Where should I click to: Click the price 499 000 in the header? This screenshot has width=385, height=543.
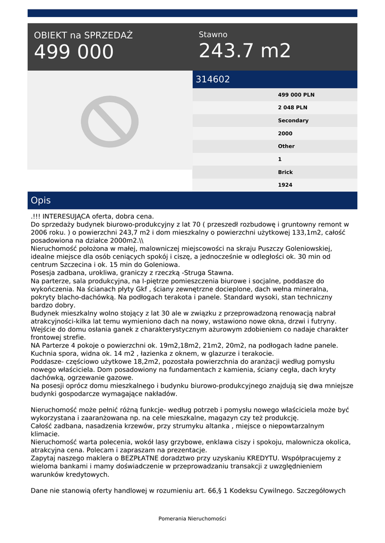pyautogui.click(x=74, y=52)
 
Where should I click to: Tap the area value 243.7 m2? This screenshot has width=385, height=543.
pyautogui.click(x=245, y=51)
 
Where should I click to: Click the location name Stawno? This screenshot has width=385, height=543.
pyautogui.click(x=213, y=34)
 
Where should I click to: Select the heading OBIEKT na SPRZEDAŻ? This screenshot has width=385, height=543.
pyautogui.click(x=83, y=36)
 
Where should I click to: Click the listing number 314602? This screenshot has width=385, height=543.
pyautogui.click(x=213, y=80)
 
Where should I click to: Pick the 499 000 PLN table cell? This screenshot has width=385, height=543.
pyautogui.click(x=296, y=95)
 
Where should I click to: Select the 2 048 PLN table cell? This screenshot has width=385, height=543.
pyautogui.click(x=292, y=108)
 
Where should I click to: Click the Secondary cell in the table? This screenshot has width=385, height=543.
pyautogui.click(x=293, y=120)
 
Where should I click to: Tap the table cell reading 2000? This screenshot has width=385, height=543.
pyautogui.click(x=285, y=134)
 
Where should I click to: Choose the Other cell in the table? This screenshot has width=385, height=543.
pyautogui.click(x=286, y=146)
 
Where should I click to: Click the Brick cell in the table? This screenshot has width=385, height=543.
pyautogui.click(x=285, y=172)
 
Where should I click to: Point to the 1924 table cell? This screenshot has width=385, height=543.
pyautogui.click(x=285, y=185)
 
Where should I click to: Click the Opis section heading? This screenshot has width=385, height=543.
pyautogui.click(x=41, y=200)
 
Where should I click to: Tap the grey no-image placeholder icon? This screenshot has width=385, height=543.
pyautogui.click(x=110, y=121)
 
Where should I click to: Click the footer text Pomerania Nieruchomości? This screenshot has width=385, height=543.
pyautogui.click(x=192, y=519)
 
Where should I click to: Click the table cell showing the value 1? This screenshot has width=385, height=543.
pyautogui.click(x=280, y=159)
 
